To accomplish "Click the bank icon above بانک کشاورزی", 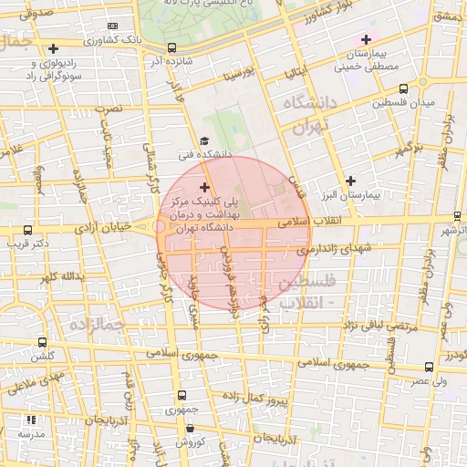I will coord(112,27).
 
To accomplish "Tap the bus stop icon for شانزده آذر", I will coord(173,47).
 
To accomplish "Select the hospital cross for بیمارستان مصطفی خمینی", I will coord(366,39).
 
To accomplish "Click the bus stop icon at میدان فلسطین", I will coord(403,88).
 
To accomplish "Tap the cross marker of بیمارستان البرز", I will coord(350,181).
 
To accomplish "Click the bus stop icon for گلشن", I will coord(42,342).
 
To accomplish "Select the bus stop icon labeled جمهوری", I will coord(181,396).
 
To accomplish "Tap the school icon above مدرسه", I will coord(30,420).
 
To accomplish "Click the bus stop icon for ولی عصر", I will coord(429,367).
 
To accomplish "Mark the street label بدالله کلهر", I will coord(62,275).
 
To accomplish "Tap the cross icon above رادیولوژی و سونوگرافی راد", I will coord(54,48).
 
